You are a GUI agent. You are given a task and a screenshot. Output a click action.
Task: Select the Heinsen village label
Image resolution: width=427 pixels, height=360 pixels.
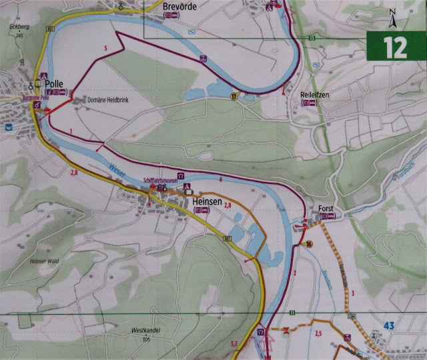(207, 200)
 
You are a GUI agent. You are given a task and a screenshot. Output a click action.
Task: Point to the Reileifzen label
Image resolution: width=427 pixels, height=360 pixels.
(315, 95)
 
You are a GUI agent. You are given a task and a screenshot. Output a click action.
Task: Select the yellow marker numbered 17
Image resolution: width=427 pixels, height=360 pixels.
(234, 97)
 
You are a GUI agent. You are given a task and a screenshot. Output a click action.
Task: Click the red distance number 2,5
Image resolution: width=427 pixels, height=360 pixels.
(318, 333)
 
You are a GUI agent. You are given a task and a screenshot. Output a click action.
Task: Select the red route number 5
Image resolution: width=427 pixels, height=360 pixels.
(105, 48)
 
